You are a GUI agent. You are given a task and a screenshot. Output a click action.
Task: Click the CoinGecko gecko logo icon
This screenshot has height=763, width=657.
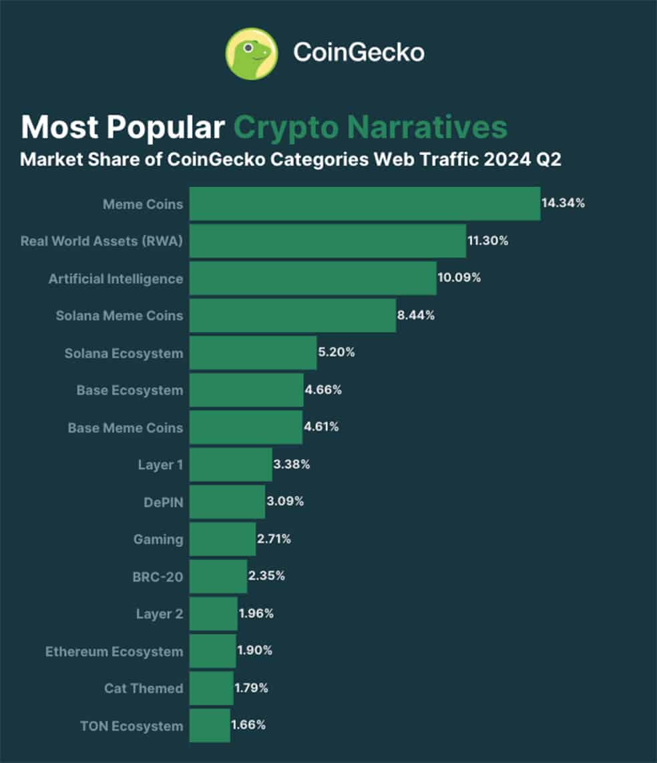[252, 53]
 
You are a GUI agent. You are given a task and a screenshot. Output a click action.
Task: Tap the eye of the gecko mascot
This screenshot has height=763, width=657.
[248, 47]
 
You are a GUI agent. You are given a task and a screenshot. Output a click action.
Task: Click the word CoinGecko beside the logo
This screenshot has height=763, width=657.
[359, 53]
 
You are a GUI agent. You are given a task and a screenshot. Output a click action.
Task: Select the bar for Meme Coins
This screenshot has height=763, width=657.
[365, 204]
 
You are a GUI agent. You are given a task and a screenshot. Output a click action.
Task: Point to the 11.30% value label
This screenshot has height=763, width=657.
[487, 240]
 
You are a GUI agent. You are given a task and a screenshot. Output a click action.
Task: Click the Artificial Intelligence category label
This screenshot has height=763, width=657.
[116, 279]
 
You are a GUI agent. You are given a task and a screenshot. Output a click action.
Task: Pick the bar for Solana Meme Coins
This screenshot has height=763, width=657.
[293, 315]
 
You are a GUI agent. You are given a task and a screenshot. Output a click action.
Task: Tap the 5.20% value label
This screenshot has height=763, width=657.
[337, 352]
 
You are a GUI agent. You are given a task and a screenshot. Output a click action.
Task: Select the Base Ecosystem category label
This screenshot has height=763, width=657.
[130, 391]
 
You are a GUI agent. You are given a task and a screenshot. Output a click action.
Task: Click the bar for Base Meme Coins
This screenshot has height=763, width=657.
[246, 427]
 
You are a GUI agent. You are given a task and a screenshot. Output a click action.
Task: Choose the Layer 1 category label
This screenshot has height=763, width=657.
[161, 465]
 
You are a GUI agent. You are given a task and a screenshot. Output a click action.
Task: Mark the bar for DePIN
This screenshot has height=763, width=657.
[227, 502]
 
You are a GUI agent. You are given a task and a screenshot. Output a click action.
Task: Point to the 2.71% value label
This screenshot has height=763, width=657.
[274, 539]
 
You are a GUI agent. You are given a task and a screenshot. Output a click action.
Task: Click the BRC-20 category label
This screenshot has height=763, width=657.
[158, 577]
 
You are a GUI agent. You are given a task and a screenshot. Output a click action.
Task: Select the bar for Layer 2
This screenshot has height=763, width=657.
[214, 613]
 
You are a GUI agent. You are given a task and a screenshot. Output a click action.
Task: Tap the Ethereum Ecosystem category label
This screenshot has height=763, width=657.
[114, 652]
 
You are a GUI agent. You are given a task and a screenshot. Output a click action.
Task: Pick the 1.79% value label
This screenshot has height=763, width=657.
[251, 688]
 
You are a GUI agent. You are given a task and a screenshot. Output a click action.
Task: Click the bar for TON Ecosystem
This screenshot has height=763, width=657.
[210, 726]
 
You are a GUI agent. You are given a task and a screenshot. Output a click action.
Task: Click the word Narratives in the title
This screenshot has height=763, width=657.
[427, 127]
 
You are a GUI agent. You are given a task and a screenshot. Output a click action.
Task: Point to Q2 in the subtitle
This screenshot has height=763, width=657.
[549, 160]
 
